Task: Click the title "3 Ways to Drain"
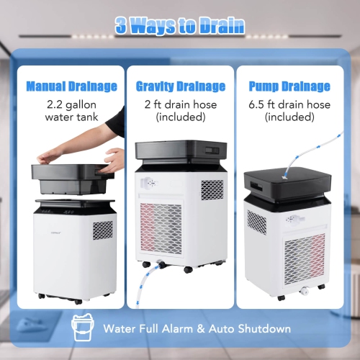point(180,26)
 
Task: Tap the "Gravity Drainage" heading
point(181,86)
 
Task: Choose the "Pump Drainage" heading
point(290,86)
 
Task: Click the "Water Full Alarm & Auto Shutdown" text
point(197,328)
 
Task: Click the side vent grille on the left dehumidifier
point(103,230)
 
